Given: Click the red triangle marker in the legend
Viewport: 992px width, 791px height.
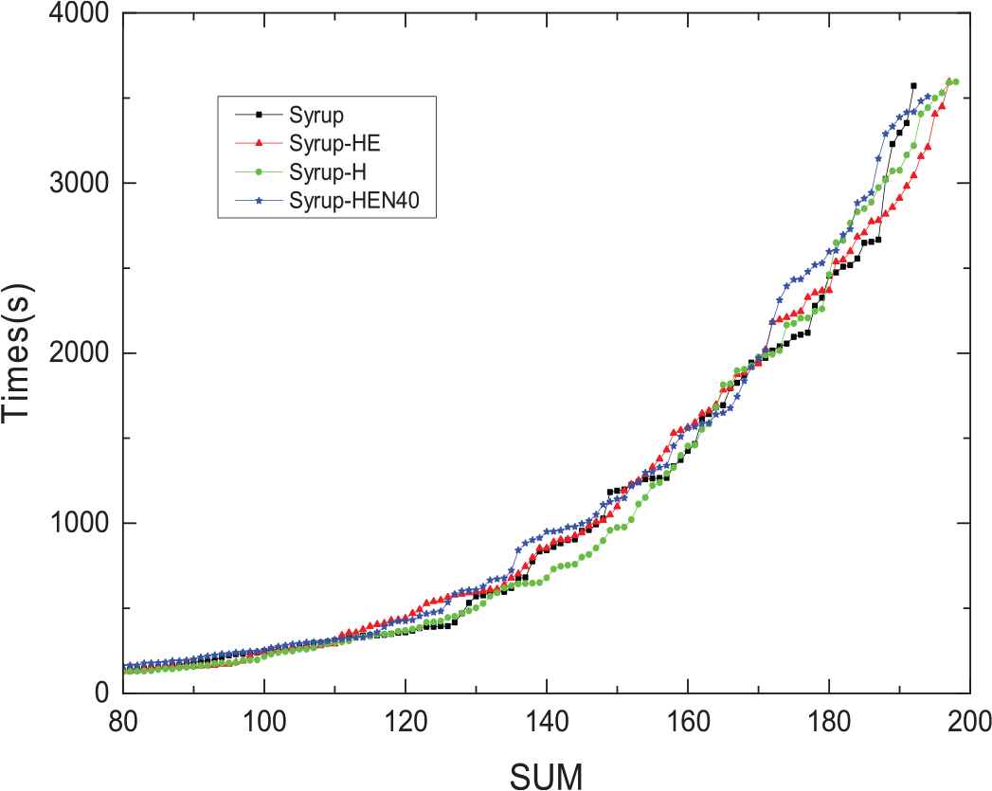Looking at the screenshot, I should pyautogui.click(x=258, y=145).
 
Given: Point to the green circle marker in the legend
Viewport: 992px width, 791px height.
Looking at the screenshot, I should pyautogui.click(x=258, y=173).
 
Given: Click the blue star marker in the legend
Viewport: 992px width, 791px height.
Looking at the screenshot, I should pyautogui.click(x=258, y=203).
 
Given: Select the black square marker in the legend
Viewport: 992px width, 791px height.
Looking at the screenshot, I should pyautogui.click(x=258, y=117).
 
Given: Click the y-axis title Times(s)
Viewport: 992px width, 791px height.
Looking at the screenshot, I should pyautogui.click(x=22, y=355).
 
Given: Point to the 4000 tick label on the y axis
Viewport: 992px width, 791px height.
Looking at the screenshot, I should pyautogui.click(x=77, y=14).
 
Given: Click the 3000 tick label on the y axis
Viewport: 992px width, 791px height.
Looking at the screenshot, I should pyautogui.click(x=77, y=184).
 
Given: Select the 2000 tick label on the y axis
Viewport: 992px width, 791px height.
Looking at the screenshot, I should pyautogui.click(x=77, y=354).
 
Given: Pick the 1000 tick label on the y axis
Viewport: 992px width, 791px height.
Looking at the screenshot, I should pyautogui.click(x=77, y=524).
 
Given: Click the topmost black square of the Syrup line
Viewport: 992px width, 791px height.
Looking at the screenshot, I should pyautogui.click(x=913, y=86).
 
